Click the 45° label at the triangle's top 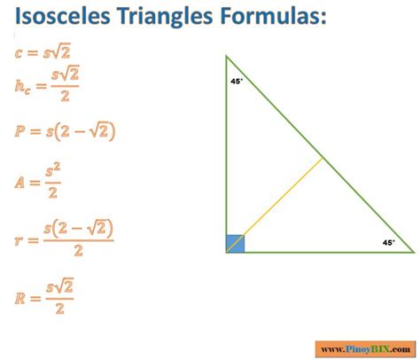[237, 81]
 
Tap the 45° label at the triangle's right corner [387, 241]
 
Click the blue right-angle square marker [235, 243]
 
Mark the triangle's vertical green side [226, 151]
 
